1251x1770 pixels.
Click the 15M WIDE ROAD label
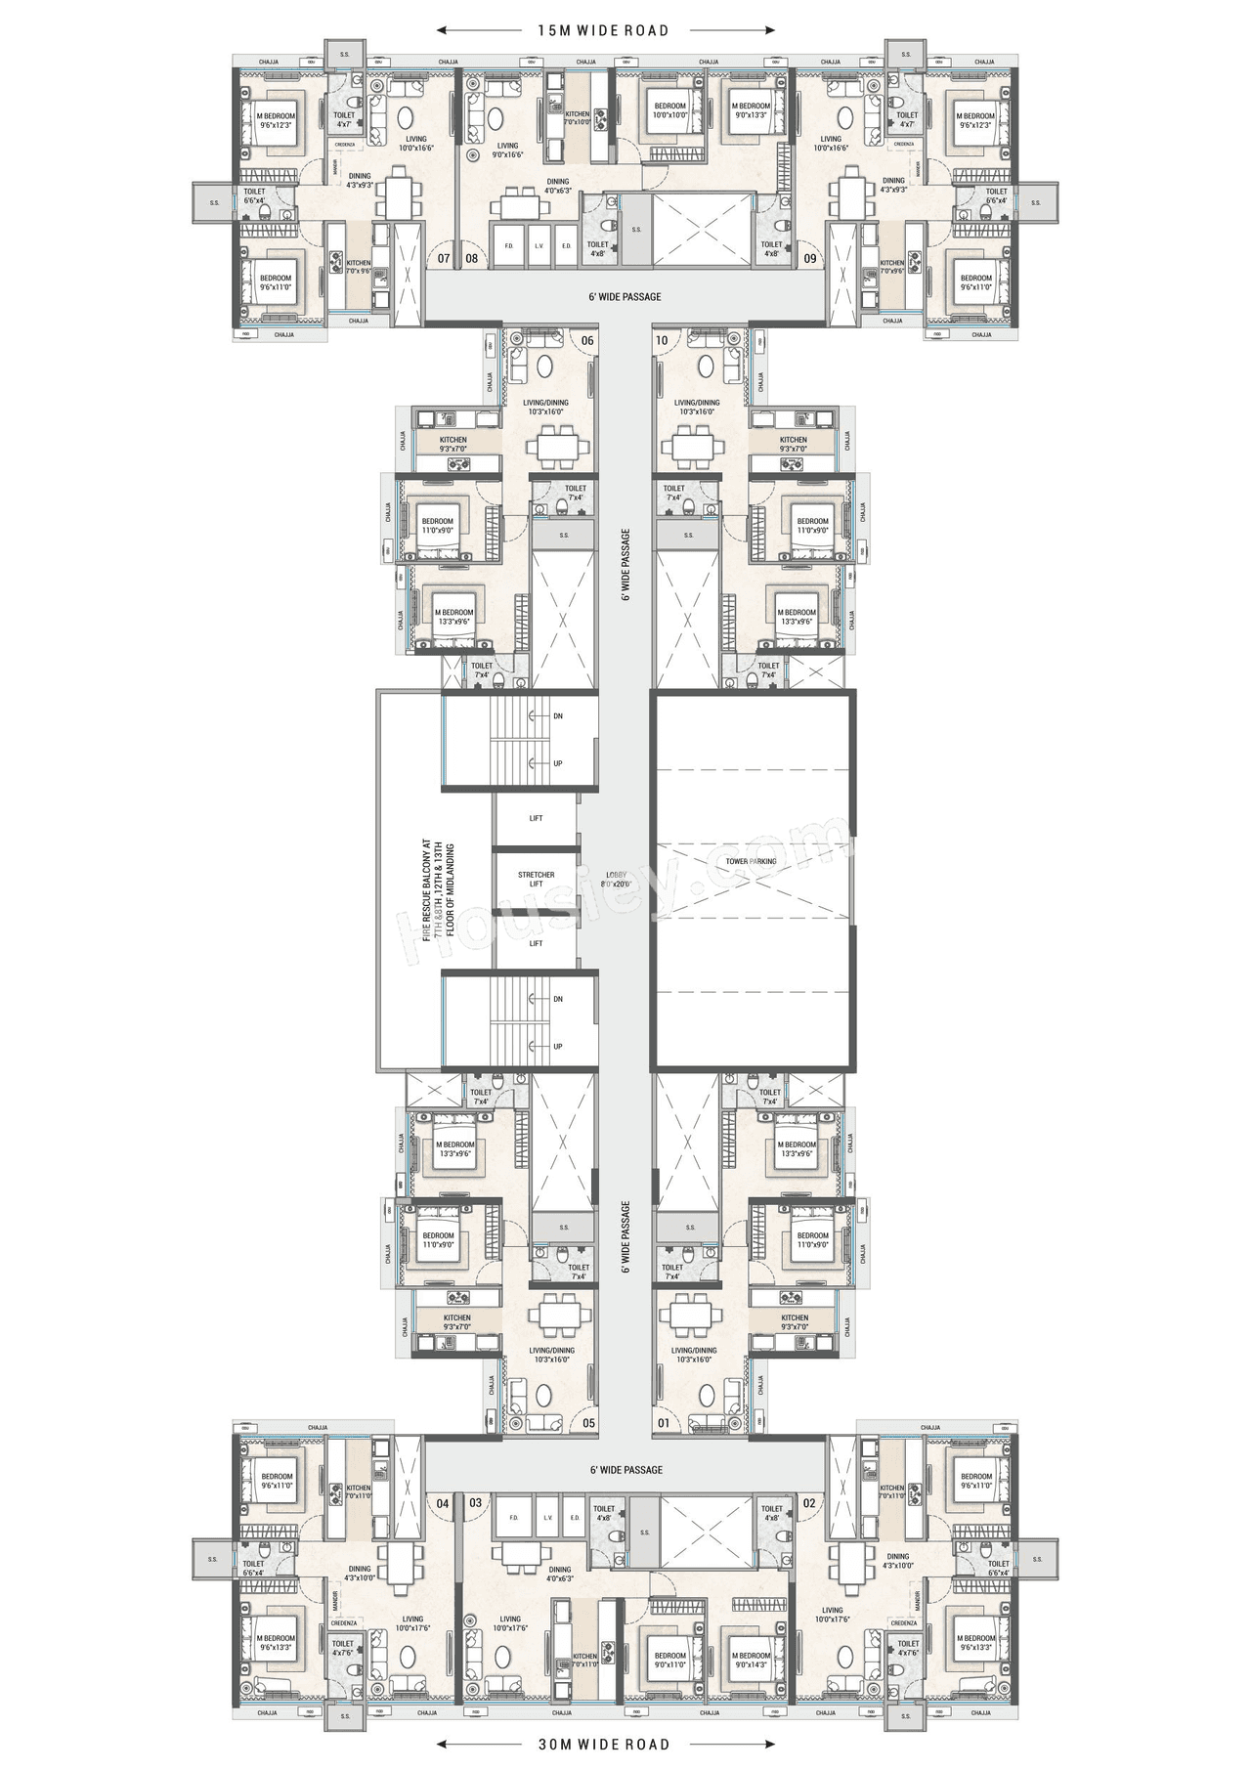603,30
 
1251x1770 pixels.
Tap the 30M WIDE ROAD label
604,1744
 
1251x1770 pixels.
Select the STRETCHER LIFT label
536,880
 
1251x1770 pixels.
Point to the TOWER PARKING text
751,861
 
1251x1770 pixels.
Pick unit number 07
444,259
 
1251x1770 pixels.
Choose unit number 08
471,259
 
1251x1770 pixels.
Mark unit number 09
810,259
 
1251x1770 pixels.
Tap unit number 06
586,340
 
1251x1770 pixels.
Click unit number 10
662,340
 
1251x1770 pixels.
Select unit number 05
588,1423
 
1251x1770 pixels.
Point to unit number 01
664,1423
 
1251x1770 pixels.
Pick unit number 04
443,1503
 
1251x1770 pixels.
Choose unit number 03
475,1502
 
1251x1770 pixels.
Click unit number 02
809,1503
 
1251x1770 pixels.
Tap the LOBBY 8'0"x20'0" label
617,879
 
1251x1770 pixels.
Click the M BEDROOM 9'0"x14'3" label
751,1660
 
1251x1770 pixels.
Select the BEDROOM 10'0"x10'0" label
669,110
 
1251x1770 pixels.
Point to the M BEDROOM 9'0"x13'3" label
751,110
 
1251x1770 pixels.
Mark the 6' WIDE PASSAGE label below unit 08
625,297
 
